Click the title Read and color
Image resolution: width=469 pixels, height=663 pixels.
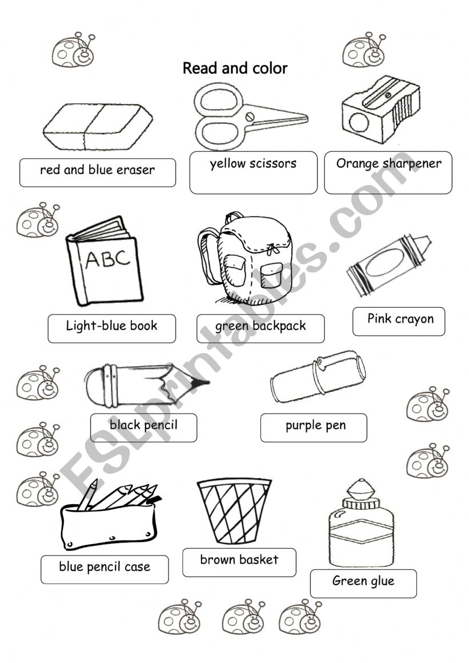tap(235, 68)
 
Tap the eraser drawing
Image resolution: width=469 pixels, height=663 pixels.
tap(98, 126)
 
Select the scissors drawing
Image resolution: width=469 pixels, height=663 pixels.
tap(250, 116)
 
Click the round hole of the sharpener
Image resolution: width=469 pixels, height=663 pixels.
tap(359, 123)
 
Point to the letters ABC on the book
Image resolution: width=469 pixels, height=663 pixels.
tap(108, 258)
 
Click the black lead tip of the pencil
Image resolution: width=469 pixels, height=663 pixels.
tap(201, 383)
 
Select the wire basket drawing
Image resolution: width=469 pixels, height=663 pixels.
tap(234, 511)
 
